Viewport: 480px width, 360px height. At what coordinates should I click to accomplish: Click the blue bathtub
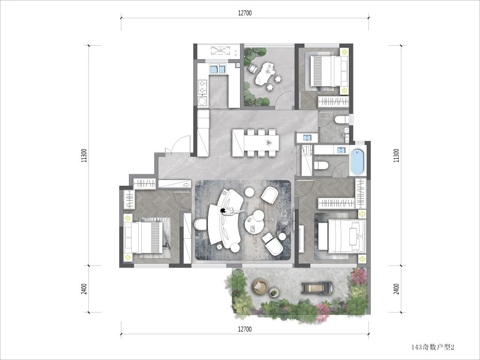(357, 161)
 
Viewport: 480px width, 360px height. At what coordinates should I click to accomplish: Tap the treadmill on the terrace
(318, 288)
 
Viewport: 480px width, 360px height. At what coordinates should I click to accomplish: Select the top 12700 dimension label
(244, 13)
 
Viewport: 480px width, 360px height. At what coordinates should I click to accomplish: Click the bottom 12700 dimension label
(244, 329)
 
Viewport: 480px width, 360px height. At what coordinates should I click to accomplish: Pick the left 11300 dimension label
(85, 156)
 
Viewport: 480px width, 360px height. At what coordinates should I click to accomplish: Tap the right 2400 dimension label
(396, 289)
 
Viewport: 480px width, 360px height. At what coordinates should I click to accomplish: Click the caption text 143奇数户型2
(433, 347)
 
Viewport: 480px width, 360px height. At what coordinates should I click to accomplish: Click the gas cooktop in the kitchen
(202, 87)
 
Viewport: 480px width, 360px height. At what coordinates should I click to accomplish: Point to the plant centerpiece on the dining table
(268, 143)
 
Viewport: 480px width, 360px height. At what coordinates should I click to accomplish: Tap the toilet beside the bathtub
(321, 166)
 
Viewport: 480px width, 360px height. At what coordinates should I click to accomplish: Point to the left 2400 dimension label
(84, 289)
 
